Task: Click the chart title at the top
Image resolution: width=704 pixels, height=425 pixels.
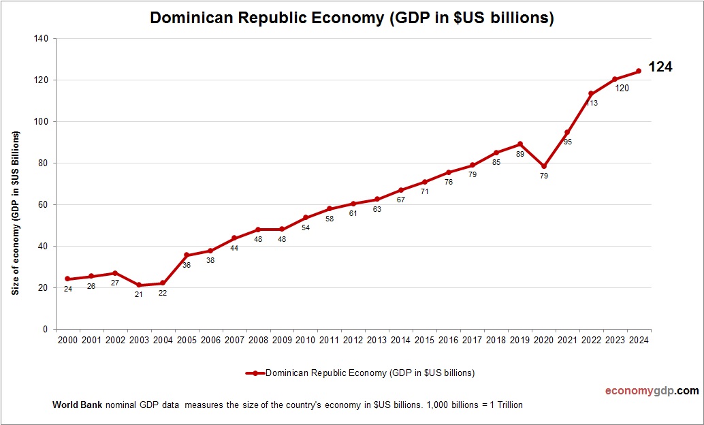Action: (351, 18)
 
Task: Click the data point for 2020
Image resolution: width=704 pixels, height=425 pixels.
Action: (543, 166)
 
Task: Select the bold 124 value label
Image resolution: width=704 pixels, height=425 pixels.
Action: (660, 67)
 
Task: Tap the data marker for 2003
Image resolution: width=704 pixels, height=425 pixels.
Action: (139, 285)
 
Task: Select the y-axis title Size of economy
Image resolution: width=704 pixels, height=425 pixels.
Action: (15, 212)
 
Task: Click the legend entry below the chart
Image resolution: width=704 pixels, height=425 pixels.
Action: (360, 373)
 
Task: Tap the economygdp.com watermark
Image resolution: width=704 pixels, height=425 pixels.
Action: (652, 391)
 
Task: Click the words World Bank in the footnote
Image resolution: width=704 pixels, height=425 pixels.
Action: (77, 405)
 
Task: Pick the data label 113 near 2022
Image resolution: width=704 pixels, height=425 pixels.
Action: (591, 103)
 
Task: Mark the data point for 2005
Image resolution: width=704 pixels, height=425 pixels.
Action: (187, 255)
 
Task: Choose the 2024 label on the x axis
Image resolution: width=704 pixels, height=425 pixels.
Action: (639, 340)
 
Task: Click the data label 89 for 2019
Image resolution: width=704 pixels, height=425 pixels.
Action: (519, 154)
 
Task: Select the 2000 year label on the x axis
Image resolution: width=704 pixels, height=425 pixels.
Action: (67, 340)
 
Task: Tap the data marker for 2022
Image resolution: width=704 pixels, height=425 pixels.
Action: (591, 94)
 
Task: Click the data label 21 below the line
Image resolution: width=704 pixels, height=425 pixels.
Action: (139, 295)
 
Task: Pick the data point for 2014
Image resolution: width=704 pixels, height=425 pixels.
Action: (401, 190)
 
